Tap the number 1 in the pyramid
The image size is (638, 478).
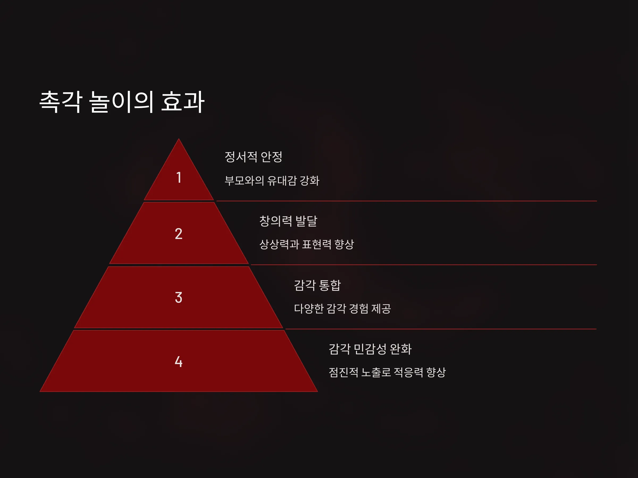[179, 177]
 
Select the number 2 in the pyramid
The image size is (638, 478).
[179, 234]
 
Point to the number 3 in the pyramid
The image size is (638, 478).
[179, 297]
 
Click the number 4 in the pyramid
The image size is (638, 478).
[179, 362]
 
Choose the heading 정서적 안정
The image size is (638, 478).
[253, 157]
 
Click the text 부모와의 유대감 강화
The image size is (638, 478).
[272, 181]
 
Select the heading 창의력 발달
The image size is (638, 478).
[288, 221]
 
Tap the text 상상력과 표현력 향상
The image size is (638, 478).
[306, 244]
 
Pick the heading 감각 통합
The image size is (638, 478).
[317, 285]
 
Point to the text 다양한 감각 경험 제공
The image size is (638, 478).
[342, 309]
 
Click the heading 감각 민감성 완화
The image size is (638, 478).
[370, 349]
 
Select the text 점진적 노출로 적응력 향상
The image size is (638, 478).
[387, 372]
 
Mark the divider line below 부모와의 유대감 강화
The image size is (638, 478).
[407, 201]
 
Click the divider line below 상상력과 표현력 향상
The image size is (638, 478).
[424, 264]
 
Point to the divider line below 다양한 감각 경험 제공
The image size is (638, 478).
[441, 329]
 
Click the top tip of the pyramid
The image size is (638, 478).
[179, 139]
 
